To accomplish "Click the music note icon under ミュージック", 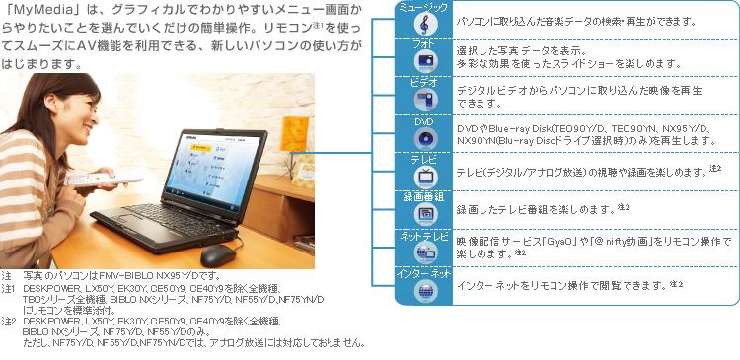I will point(425,23).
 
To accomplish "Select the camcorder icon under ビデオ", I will point(425,100).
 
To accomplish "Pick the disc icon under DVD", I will point(425,138).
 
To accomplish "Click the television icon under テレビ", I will point(425,177).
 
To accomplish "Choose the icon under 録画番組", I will point(425,213).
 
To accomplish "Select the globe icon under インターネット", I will point(425,289).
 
